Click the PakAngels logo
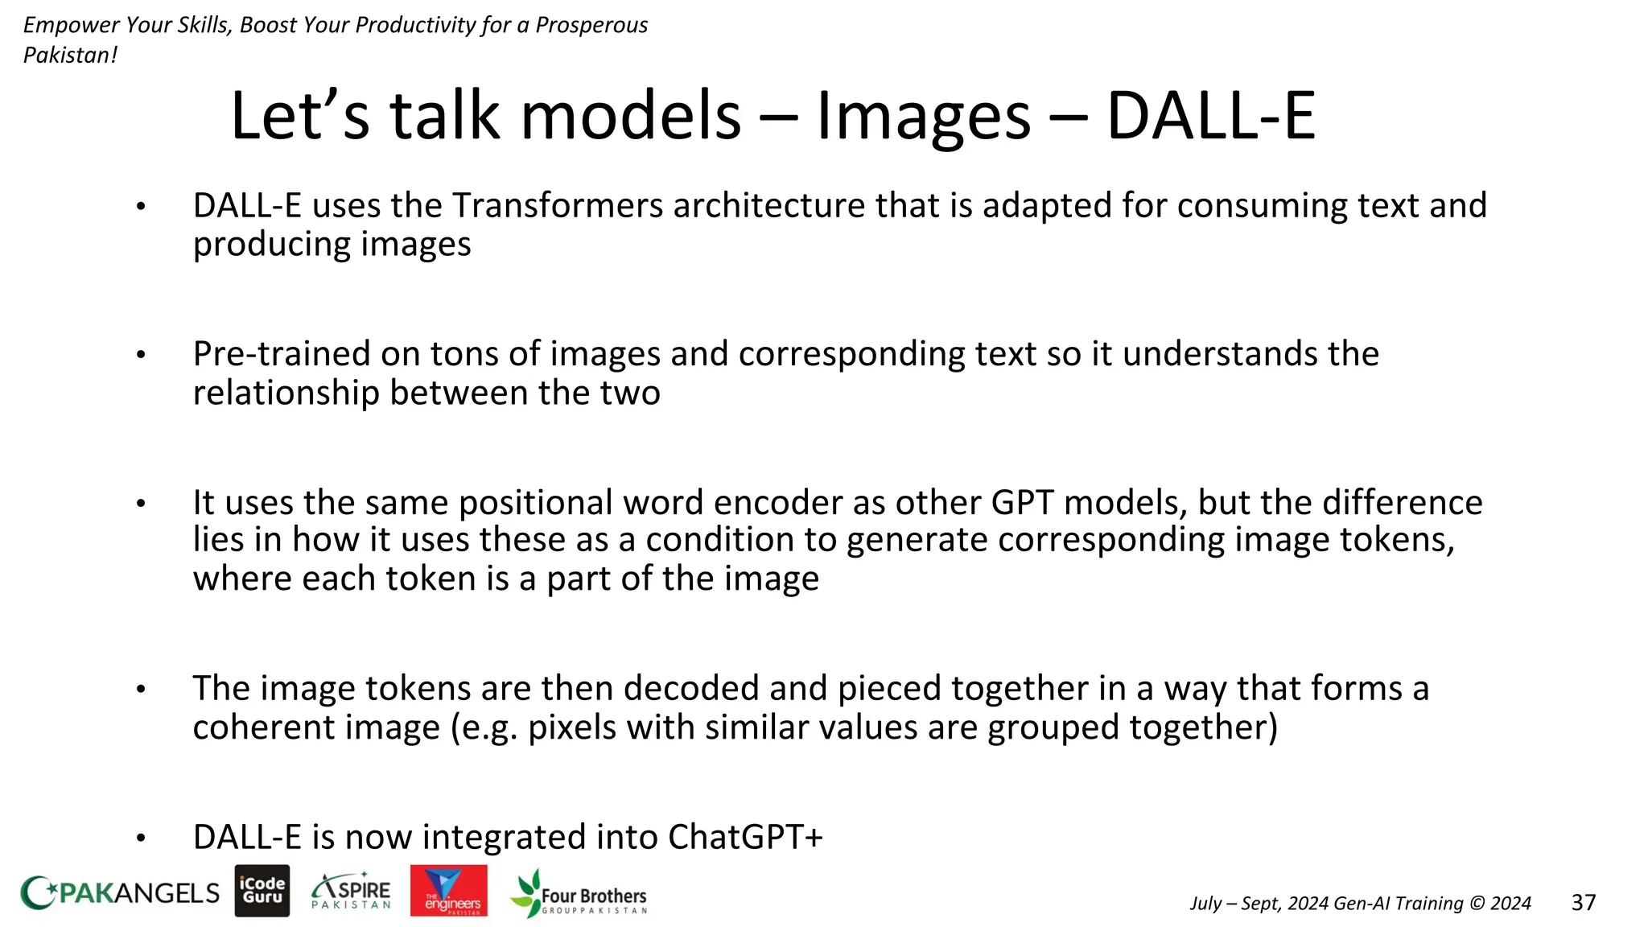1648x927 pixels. click(x=119, y=892)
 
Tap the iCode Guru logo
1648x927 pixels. click(x=262, y=891)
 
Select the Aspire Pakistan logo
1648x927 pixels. click(x=352, y=891)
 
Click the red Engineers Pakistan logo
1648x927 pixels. click(x=448, y=891)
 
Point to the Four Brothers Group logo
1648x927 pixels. click(x=579, y=893)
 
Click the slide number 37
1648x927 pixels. click(x=1583, y=903)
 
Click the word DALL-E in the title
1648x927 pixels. click(x=1210, y=117)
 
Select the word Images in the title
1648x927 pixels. click(x=923, y=117)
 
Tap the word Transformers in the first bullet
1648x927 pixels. click(x=558, y=206)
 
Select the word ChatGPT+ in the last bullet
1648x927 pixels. click(x=745, y=838)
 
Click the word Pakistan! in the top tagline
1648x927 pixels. click(x=70, y=56)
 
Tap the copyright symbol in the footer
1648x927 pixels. click(x=1477, y=904)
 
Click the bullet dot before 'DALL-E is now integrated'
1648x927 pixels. click(x=141, y=838)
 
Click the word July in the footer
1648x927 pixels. click(x=1205, y=904)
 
